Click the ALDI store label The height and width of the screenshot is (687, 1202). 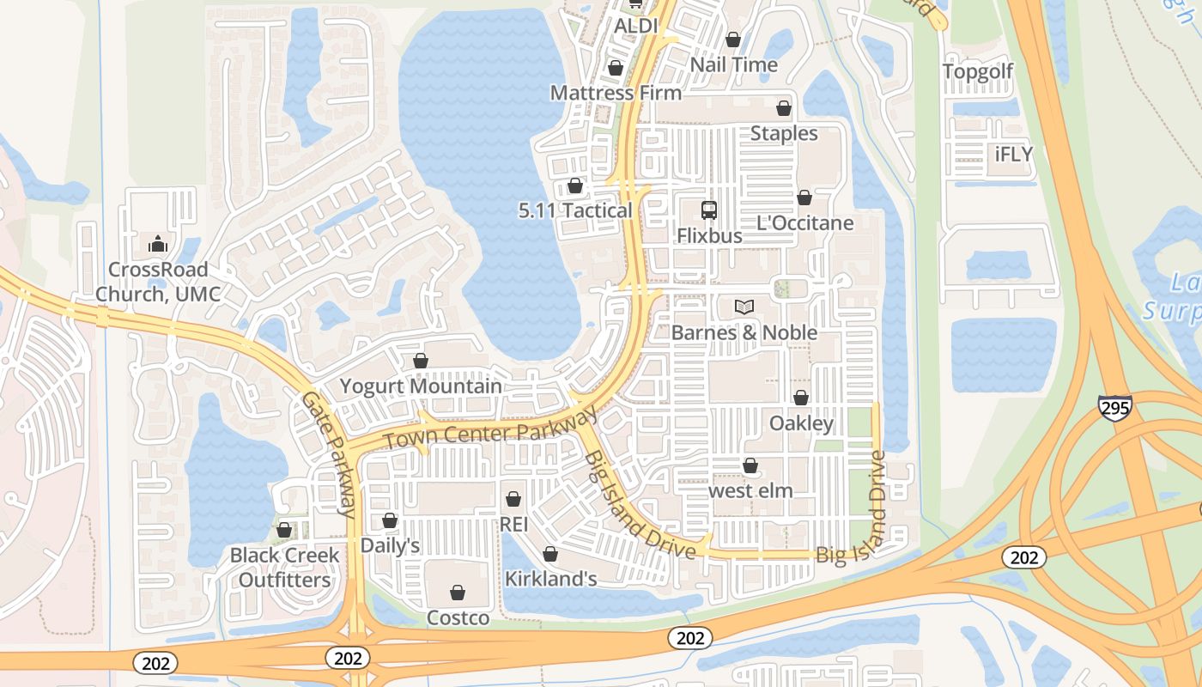(635, 27)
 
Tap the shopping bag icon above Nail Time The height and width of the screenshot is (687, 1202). (733, 40)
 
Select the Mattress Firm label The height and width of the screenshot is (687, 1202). (616, 93)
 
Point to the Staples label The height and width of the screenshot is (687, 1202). (784, 133)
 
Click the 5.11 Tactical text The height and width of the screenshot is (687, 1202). (575, 210)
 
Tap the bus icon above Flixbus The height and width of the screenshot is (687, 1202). (709, 210)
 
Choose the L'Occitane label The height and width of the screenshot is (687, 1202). (804, 223)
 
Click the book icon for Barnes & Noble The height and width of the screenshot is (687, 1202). (744, 307)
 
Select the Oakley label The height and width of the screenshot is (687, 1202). (801, 423)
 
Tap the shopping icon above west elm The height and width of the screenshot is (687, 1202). (750, 465)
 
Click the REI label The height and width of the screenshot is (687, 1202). (513, 523)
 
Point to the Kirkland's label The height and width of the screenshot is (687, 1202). (550, 579)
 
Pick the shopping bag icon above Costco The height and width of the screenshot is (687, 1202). (458, 593)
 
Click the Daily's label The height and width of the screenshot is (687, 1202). (390, 545)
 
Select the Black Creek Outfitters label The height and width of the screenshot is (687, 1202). (284, 568)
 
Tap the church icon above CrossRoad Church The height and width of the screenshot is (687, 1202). (157, 245)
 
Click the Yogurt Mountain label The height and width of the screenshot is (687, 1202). (421, 386)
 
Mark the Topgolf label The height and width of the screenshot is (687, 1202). (978, 71)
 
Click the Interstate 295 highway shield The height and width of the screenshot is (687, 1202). (1114, 408)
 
